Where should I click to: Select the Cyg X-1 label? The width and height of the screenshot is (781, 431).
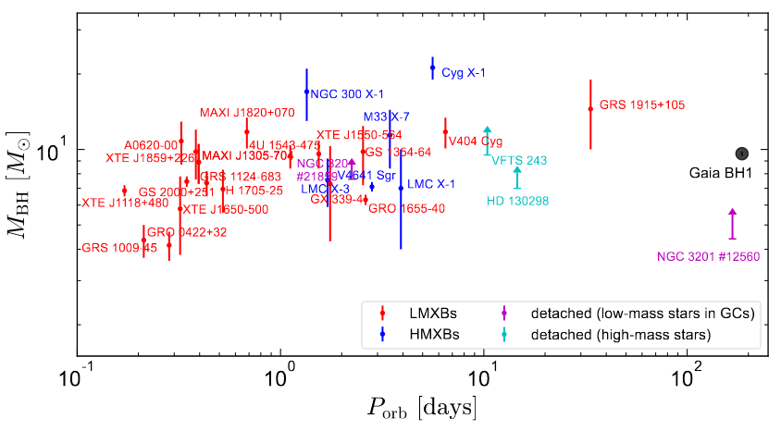pyautogui.click(x=464, y=72)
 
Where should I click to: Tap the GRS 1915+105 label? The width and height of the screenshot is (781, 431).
pyautogui.click(x=642, y=105)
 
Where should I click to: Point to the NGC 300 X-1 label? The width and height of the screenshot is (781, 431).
pyautogui.click(x=347, y=93)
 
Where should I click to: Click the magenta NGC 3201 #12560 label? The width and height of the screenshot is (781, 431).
pyautogui.click(x=708, y=256)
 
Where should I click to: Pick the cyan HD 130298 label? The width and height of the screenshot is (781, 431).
pyautogui.click(x=517, y=201)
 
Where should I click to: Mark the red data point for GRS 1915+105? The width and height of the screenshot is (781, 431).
pyautogui.click(x=590, y=109)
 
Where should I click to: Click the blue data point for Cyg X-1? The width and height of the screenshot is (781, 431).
pyautogui.click(x=432, y=68)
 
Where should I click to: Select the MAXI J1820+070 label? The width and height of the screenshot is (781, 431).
pyautogui.click(x=247, y=113)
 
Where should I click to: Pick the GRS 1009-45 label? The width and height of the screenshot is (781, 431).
pyautogui.click(x=119, y=248)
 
